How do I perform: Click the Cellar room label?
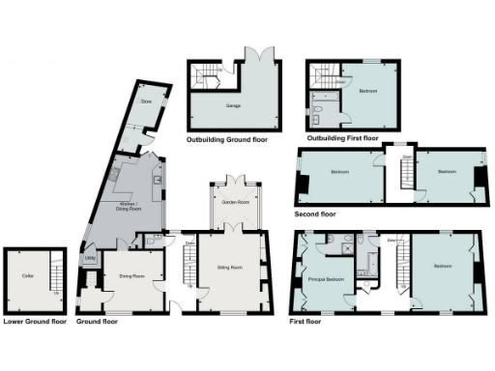(28, 276)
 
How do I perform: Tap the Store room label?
(147, 100)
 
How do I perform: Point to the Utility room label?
(89, 257)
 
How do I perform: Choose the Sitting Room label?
(229, 267)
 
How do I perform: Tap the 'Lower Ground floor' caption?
(35, 321)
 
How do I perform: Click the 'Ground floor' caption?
(97, 321)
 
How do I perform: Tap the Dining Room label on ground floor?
(132, 276)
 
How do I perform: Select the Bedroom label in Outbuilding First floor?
(367, 92)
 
